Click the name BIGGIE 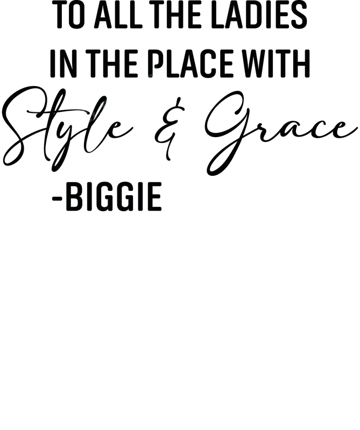(x=114, y=197)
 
